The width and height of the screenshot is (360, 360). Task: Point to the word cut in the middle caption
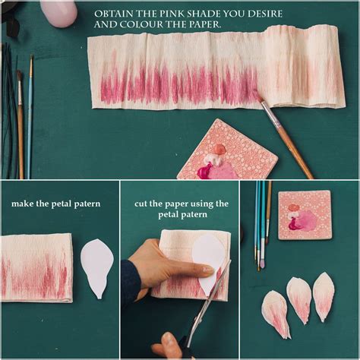pyautogui.click(x=141, y=204)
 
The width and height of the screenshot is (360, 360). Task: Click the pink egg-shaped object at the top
pyautogui.click(x=58, y=13)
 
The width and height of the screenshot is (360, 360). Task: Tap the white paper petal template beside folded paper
pyautogui.click(x=97, y=268)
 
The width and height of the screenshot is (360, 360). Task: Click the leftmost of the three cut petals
pyautogui.click(x=276, y=314)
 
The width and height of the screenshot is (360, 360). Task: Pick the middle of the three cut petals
pyautogui.click(x=298, y=299)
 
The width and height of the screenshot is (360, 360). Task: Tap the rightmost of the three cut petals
pyautogui.click(x=324, y=296)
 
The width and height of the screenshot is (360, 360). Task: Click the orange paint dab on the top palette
pyautogui.click(x=219, y=149)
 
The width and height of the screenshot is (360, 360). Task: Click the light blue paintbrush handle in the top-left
pyautogui.click(x=30, y=116)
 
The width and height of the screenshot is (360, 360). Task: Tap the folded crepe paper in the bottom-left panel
pyautogui.click(x=36, y=268)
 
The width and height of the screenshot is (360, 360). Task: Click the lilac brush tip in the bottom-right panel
pyautogui.click(x=263, y=264)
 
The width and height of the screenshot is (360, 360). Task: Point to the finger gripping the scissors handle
pyautogui.click(x=167, y=342)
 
